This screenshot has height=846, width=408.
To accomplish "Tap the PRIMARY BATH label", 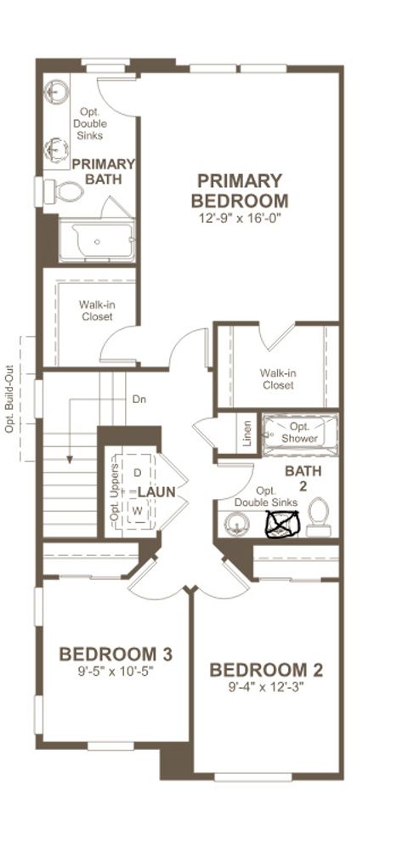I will click(104, 171).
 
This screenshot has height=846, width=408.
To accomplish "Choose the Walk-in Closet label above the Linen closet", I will click(277, 378).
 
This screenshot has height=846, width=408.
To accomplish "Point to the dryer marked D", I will click(137, 472).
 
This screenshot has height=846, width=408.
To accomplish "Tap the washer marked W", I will click(137, 510).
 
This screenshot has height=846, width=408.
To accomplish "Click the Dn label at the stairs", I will click(139, 398).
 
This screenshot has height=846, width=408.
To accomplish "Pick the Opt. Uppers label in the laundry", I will click(113, 498).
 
